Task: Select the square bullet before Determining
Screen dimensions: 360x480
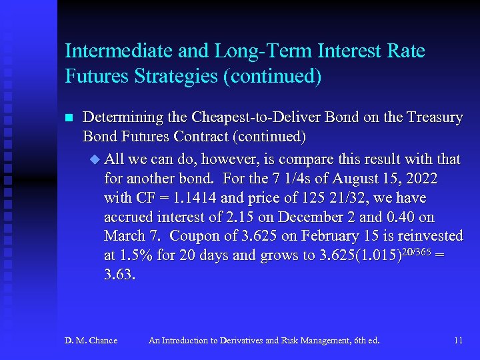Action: coord(68,118)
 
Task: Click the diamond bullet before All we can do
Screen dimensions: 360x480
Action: coord(93,159)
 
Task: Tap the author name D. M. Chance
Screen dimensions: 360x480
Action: coord(91,341)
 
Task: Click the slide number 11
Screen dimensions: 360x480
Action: coord(458,341)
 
